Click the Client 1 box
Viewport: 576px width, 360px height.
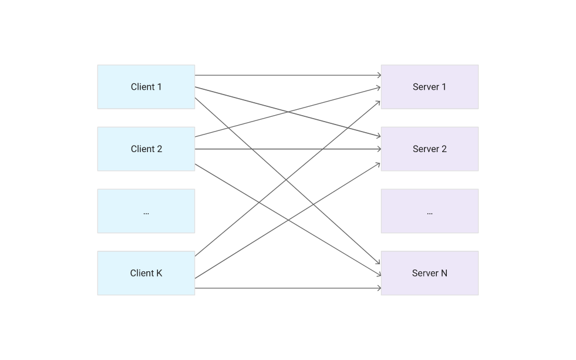click(x=146, y=87)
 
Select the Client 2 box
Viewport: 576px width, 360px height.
click(x=146, y=149)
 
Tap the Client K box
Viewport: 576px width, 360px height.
click(x=146, y=273)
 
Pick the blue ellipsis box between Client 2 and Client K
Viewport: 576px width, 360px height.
click(x=146, y=211)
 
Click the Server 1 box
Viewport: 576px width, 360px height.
click(x=429, y=87)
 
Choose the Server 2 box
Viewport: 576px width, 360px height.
click(x=429, y=149)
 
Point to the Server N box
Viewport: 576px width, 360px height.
click(x=429, y=273)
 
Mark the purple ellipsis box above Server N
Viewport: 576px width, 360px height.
click(x=429, y=211)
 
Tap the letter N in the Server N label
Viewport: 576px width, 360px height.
click(x=444, y=273)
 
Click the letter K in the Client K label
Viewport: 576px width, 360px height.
click(x=159, y=273)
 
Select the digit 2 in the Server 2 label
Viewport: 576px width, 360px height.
click(x=444, y=149)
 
